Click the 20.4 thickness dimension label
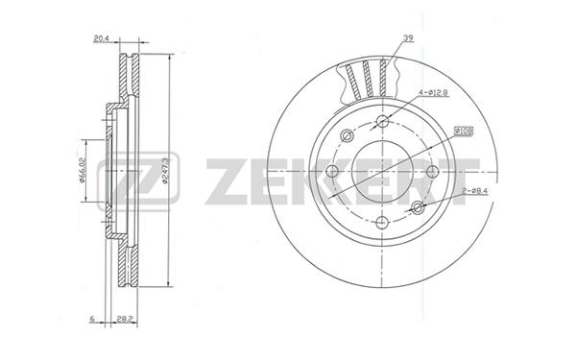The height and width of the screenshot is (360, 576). [101, 38]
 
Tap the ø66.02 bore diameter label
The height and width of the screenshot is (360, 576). [83, 170]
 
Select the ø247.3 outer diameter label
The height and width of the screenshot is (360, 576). [165, 171]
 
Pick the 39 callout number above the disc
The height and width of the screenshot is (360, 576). [408, 37]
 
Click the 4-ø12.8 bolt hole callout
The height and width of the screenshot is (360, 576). [432, 92]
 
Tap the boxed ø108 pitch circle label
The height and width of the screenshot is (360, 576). [464, 132]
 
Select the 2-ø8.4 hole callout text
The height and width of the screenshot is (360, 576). [474, 191]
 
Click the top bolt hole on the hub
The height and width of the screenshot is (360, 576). [383, 121]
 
